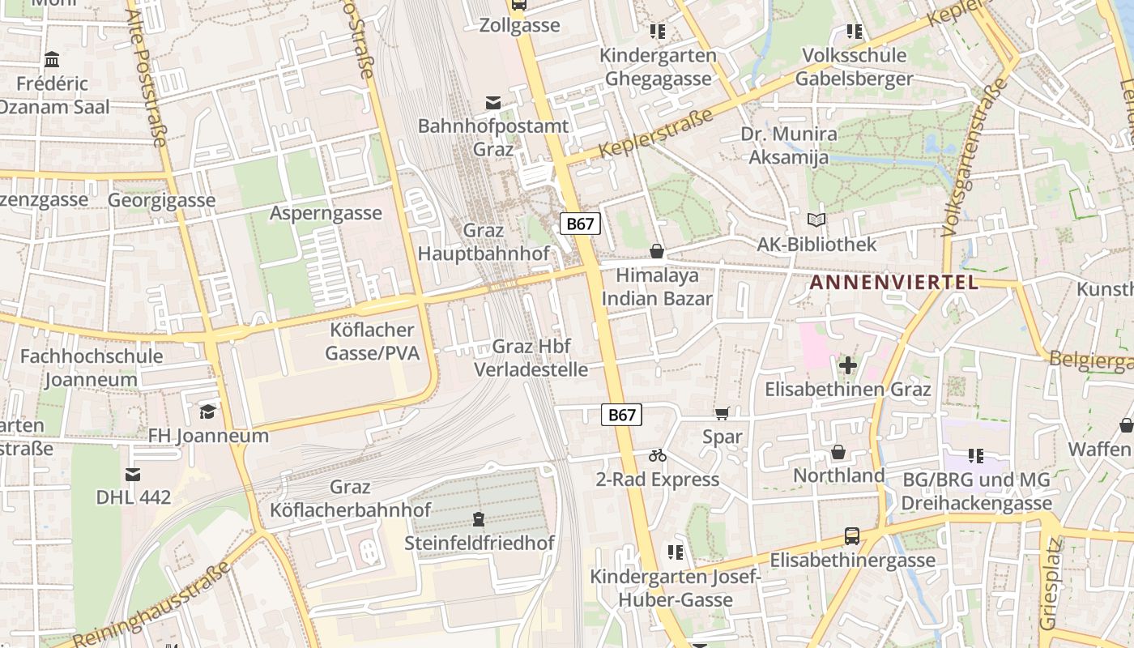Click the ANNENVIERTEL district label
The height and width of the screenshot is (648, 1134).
tap(894, 283)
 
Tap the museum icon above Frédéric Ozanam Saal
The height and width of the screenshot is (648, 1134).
tap(53, 59)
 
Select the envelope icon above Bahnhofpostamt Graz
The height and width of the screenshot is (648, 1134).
tap(492, 103)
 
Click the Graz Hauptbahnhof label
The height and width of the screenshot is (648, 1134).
tap(483, 242)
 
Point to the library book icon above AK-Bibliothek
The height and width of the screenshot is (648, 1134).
tap(816, 220)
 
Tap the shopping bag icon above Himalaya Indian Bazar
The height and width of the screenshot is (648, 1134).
tap(657, 251)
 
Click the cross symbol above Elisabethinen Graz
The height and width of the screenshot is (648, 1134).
tap(848, 365)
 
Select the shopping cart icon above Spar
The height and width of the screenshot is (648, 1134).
tap(722, 413)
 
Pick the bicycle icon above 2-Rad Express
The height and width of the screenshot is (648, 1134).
tap(658, 456)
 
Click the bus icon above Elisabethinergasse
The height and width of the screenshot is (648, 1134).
tap(851, 535)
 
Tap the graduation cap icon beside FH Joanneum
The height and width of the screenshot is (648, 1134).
tap(208, 411)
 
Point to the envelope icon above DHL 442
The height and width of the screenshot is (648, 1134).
tap(133, 474)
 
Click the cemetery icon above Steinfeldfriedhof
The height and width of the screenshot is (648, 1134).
tap(479, 518)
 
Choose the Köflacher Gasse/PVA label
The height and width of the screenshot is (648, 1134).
tap(373, 342)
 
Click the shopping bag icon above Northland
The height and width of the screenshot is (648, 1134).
tap(838, 452)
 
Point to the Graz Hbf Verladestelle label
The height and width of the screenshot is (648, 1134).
tap(531, 358)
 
